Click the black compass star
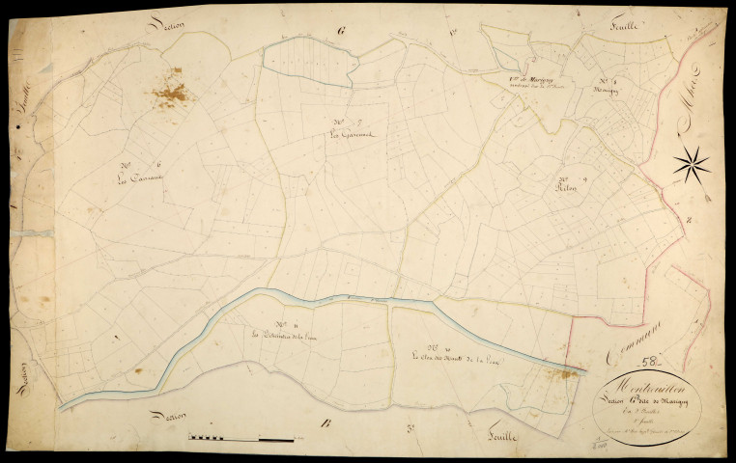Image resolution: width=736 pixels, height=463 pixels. [692, 164]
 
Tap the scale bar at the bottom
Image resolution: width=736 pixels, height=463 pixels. [241, 439]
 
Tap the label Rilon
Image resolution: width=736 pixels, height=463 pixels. [565, 189]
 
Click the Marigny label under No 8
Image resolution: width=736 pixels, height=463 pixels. [605, 90]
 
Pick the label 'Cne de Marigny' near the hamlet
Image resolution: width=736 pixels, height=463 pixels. [529, 80]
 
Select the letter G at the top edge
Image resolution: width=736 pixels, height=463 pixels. [341, 31]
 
